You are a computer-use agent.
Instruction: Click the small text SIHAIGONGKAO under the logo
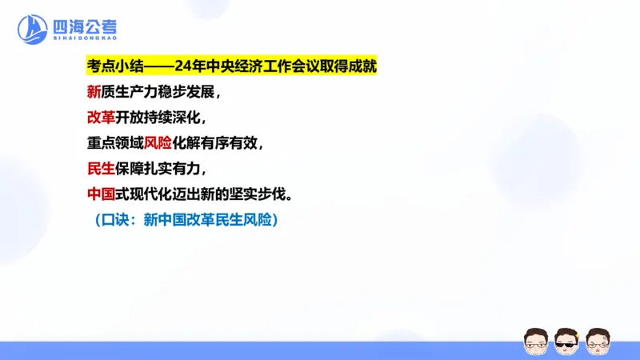[x=83, y=38]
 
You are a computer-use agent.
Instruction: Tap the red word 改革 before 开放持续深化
[x=103, y=118]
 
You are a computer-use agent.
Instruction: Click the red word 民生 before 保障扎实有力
[x=103, y=169]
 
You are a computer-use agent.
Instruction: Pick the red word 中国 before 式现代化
[x=103, y=194]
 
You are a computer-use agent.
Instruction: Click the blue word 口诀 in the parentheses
[x=118, y=220]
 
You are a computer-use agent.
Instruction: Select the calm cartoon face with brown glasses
[x=535, y=342]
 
